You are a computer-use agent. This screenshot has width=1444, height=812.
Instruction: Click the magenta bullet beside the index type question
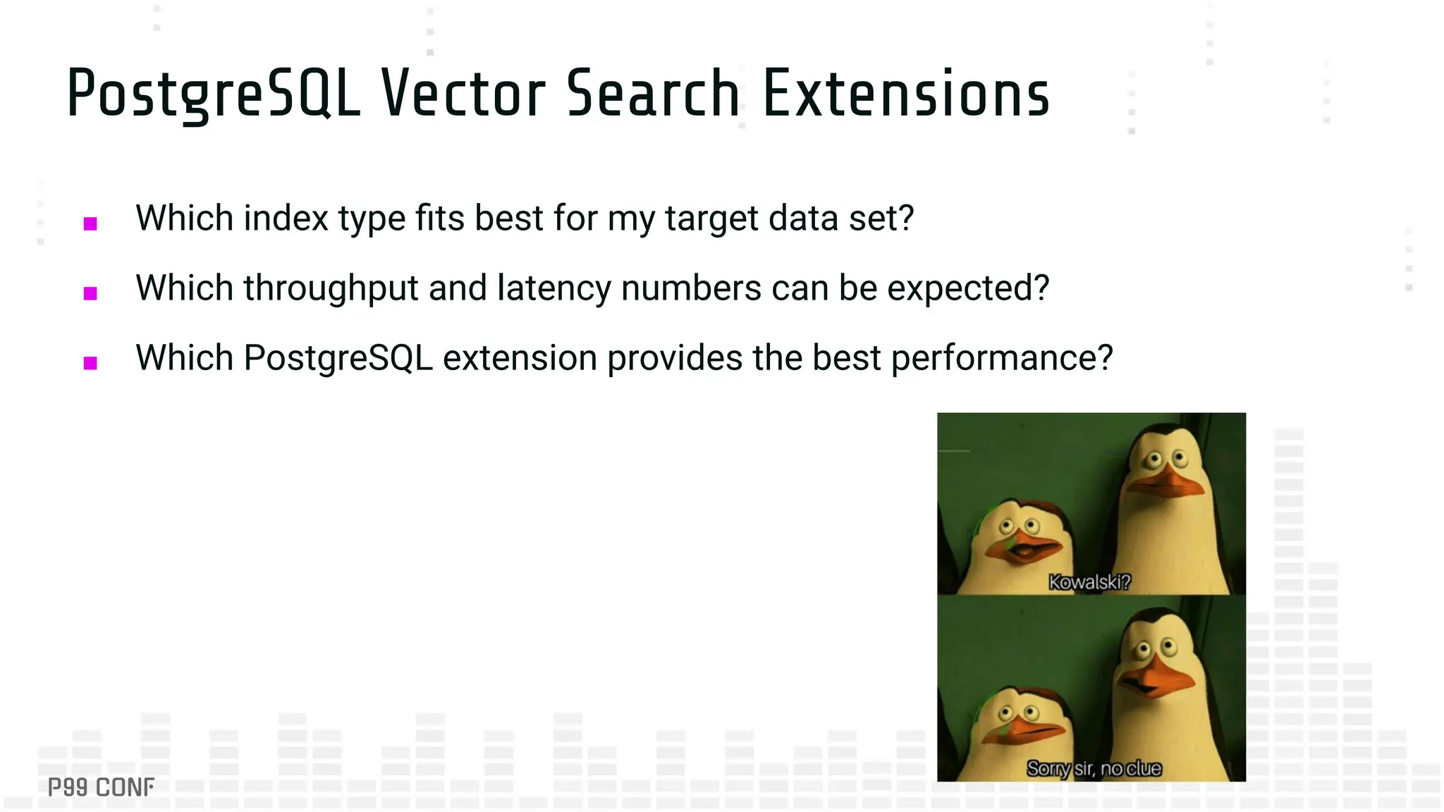pos(90,224)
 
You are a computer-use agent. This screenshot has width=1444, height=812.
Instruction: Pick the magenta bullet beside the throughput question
pos(90,293)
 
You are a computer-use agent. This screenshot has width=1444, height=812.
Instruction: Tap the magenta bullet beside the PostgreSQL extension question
pos(90,363)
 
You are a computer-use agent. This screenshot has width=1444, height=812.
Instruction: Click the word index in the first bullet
pos(286,218)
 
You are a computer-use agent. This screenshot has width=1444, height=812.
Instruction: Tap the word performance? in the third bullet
pos(1002,358)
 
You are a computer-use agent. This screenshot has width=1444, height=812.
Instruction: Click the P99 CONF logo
pos(101,787)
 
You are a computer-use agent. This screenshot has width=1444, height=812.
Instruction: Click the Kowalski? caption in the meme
pos(1089,582)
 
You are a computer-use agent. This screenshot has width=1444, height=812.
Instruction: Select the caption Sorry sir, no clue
pos(1094,768)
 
